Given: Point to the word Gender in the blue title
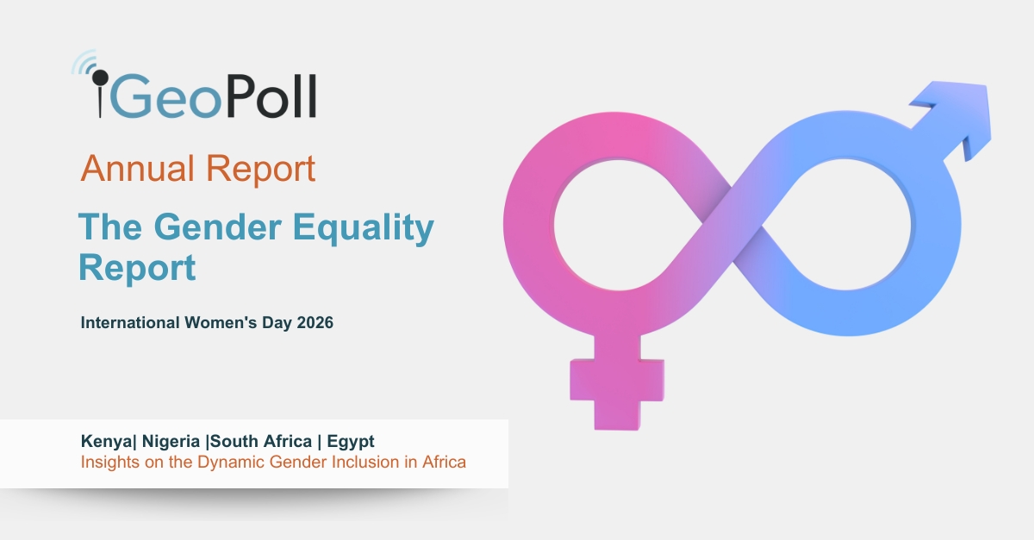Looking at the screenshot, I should tap(215, 228).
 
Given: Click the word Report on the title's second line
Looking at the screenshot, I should tap(137, 268).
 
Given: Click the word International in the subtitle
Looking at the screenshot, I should tap(130, 324).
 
